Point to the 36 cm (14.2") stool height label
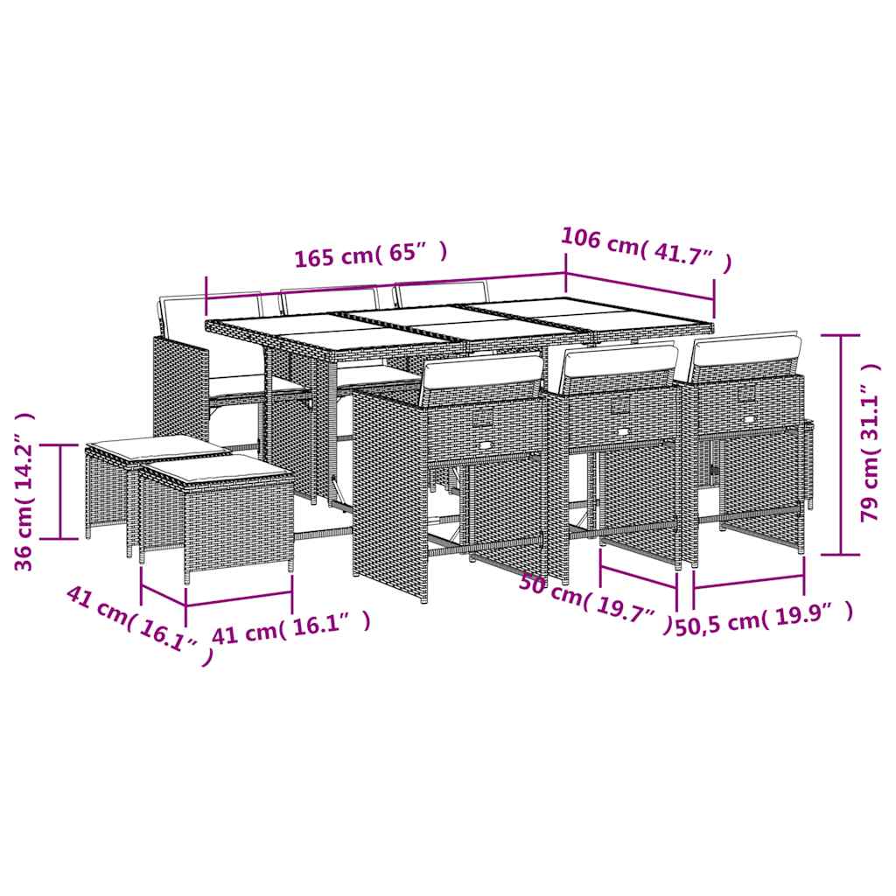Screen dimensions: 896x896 coord(25,491)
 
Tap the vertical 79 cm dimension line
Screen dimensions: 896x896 coord(840,444)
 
